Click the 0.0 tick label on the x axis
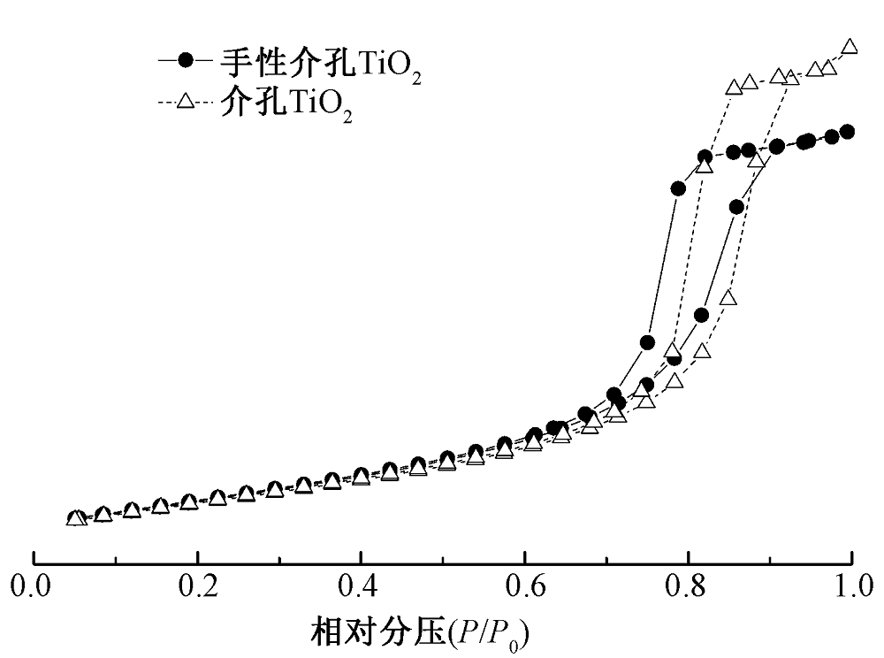pyautogui.click(x=34, y=585)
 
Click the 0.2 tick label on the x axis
pyautogui.click(x=197, y=585)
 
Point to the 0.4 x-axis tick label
pyautogui.click(x=361, y=585)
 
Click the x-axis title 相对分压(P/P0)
pyautogui.click(x=423, y=634)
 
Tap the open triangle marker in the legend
pyautogui.click(x=185, y=100)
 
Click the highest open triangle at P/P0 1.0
pyautogui.click(x=850, y=47)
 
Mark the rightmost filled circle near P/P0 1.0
pyautogui.click(x=847, y=132)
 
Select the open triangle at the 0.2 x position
pyautogui.click(x=189, y=501)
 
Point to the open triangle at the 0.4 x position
pyautogui.click(x=361, y=477)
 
